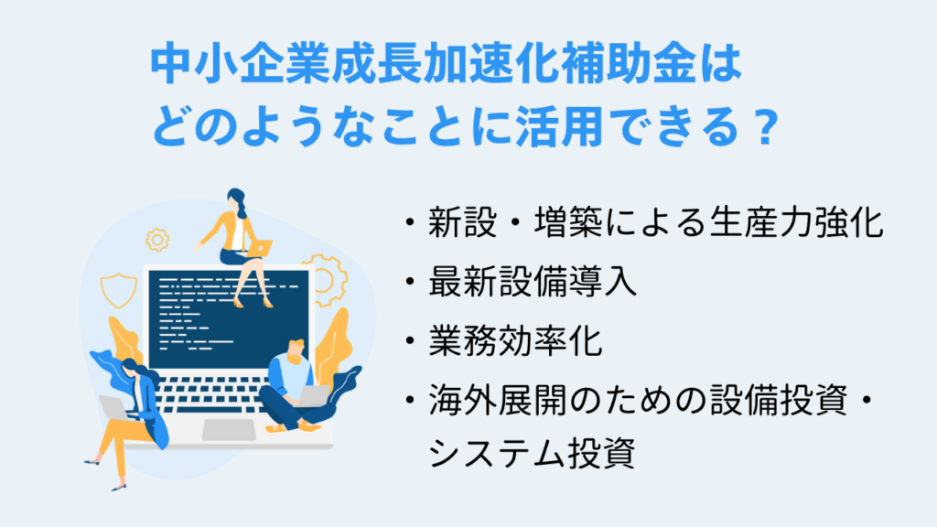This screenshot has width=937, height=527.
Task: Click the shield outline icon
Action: coord(117,290)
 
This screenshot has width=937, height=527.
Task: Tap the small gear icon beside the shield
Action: coord(157,240)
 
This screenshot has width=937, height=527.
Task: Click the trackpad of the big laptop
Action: coord(229,428)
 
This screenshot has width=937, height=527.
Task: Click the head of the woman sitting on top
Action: coord(235,199)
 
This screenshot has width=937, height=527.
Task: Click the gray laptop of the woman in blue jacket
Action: coord(115,406)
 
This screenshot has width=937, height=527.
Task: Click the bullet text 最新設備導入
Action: coord(533,284)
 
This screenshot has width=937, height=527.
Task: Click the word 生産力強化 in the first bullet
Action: coord(796,225)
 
